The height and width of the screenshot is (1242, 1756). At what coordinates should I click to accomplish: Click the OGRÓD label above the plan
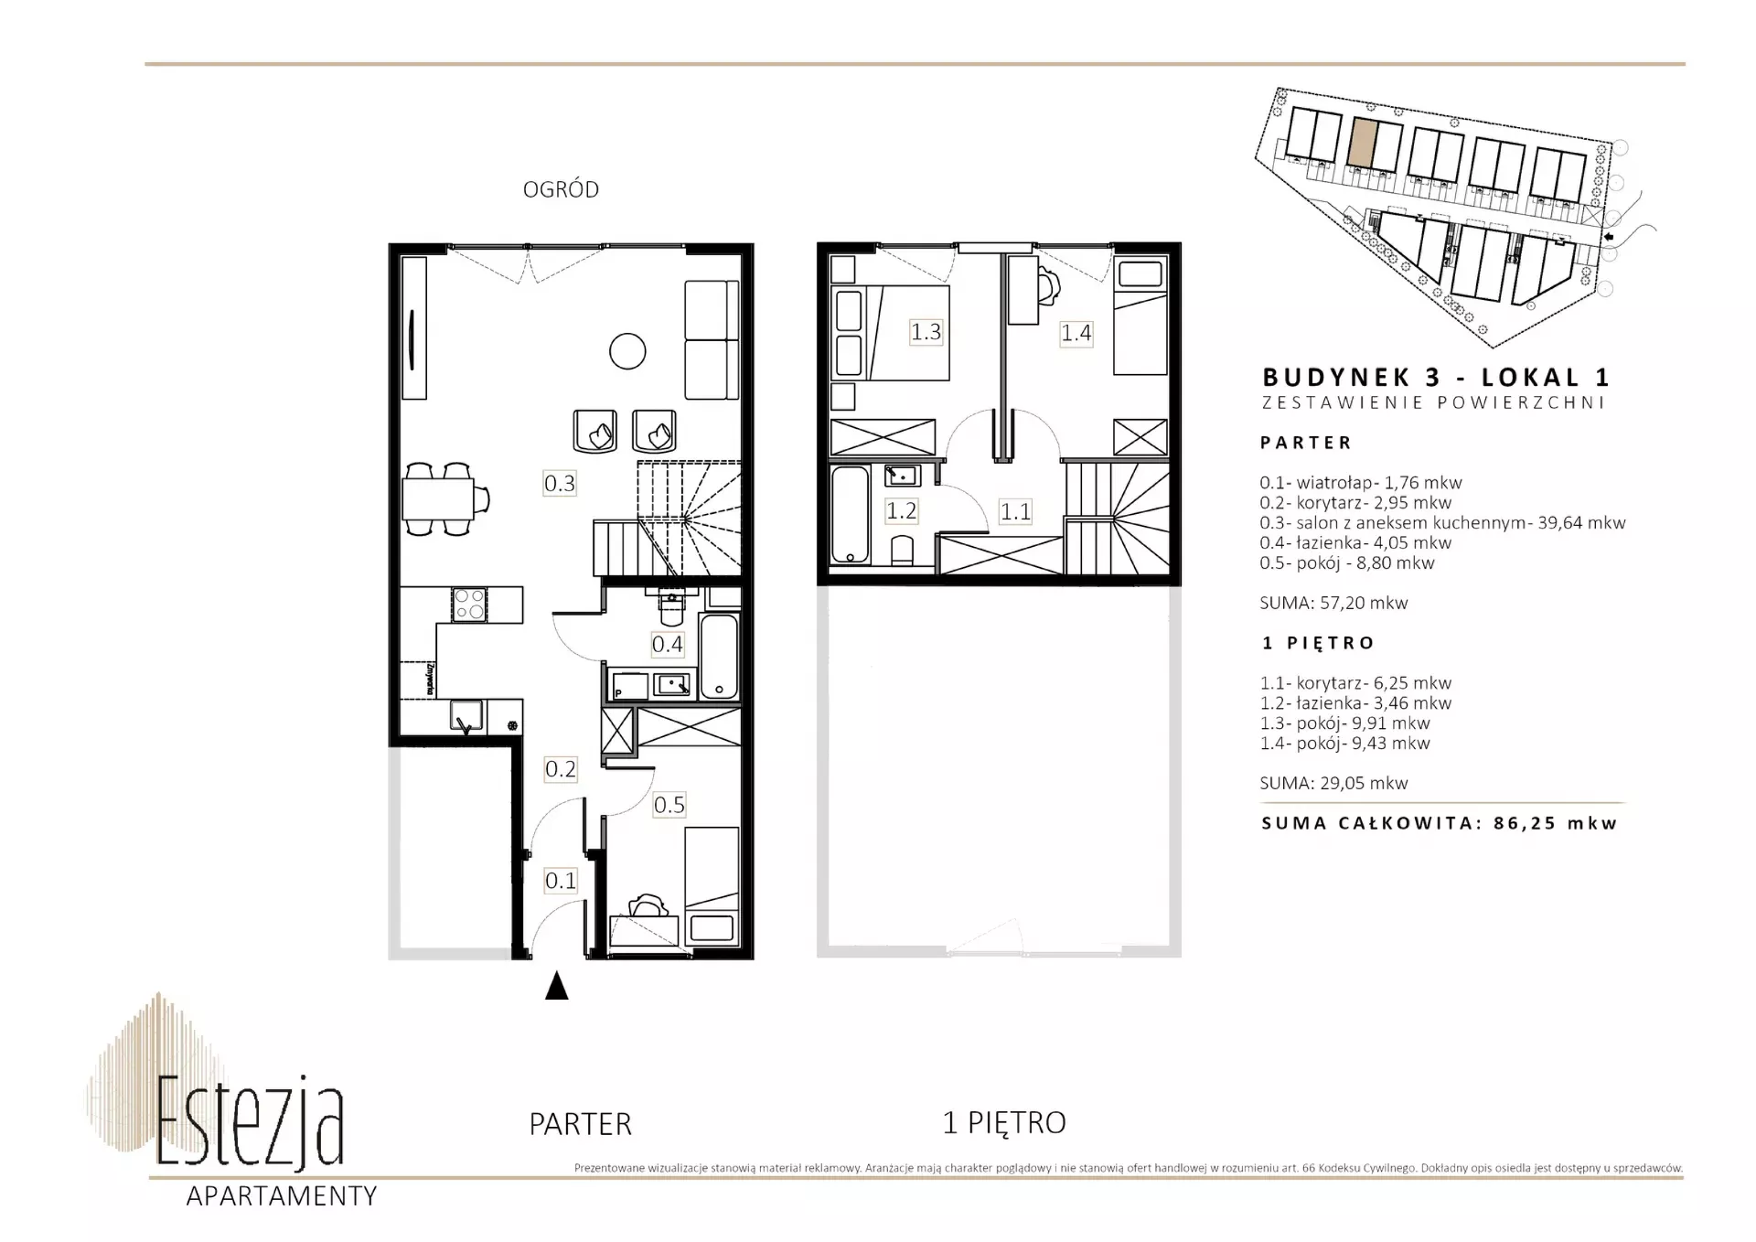561,189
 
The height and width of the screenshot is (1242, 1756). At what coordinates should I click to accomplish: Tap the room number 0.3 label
560,482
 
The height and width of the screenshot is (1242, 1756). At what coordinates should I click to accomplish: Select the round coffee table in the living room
627,351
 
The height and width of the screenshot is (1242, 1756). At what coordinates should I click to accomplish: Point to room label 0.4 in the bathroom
667,644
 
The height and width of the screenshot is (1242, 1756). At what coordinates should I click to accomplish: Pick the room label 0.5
669,805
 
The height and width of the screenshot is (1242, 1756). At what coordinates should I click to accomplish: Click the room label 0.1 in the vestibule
561,881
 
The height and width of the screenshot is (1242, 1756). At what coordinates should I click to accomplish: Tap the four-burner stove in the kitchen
469,605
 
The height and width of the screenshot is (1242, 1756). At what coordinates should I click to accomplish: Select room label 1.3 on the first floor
926,331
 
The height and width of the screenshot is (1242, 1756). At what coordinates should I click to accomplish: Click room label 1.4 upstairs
1076,333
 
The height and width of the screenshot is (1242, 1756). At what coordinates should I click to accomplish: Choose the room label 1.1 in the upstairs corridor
1015,511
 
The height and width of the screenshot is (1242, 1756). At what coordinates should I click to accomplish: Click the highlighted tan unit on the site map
1362,143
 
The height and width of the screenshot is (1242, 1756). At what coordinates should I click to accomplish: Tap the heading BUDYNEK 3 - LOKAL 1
1436,377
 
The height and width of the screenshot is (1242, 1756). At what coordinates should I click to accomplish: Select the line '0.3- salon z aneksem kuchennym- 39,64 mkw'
1442,523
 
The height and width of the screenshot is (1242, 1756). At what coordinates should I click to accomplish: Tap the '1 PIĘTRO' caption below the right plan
1004,1122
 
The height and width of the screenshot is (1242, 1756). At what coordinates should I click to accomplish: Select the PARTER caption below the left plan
580,1124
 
